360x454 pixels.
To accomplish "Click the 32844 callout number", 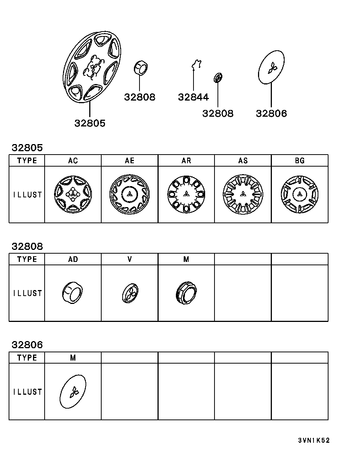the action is coord(193,97).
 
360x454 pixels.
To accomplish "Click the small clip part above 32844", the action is coord(196,64).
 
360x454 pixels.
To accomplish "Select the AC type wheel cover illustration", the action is coord(73,194).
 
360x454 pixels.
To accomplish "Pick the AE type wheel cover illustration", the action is coord(129,194).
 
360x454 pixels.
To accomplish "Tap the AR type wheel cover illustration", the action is coord(186,194).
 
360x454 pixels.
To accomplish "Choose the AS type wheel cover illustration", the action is coord(243,194).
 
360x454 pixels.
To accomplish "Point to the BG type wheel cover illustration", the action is coord(300,194).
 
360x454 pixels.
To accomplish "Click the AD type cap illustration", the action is coord(72,293).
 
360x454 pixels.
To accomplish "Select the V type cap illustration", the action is coord(130,293).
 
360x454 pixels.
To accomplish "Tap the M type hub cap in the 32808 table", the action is coord(186,293).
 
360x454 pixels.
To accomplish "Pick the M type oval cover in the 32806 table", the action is coord(73,392).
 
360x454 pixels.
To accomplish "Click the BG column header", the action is coord(300,161).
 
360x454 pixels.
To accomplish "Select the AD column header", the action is coord(73,259).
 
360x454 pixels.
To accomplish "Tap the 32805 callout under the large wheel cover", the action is coord(90,123).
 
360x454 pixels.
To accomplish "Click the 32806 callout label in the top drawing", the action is coord(271,113).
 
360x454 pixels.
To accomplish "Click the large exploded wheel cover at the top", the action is coord(92,67).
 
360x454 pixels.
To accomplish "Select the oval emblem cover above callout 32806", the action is coord(271,67).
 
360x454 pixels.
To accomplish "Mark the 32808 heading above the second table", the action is coord(27,247).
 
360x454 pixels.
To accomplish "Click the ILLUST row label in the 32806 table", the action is coord(27,392).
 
